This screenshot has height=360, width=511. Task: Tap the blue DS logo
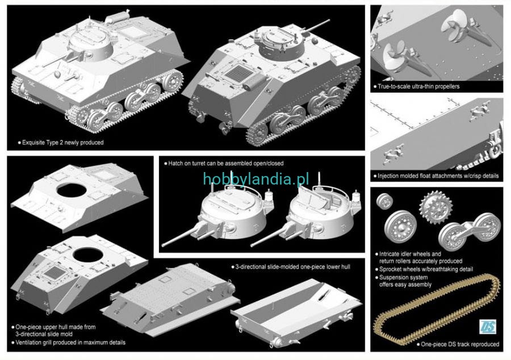coord(488,326)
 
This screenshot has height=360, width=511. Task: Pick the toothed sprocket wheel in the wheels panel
coord(435,207)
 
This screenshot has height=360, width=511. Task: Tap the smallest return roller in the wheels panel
coord(384,201)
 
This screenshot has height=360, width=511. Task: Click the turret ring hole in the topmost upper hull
coord(72,189)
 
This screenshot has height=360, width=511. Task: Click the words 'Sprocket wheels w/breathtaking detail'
coord(426,269)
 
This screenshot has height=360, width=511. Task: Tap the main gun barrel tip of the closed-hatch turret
coord(163,244)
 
